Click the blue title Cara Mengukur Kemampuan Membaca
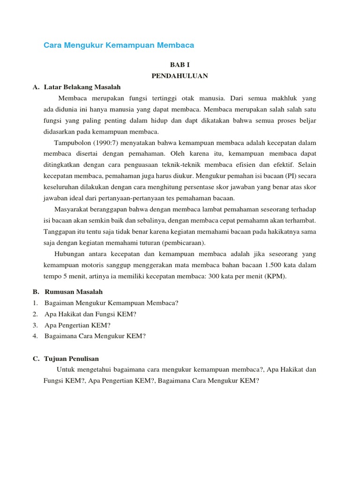point(119,45)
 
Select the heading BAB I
point(180,65)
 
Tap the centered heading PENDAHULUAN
point(180,75)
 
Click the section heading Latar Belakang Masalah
point(82,87)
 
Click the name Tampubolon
point(73,142)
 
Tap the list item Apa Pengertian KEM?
point(78,325)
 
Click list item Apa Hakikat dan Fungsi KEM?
point(90,314)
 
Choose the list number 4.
point(35,336)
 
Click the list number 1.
point(35,302)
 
